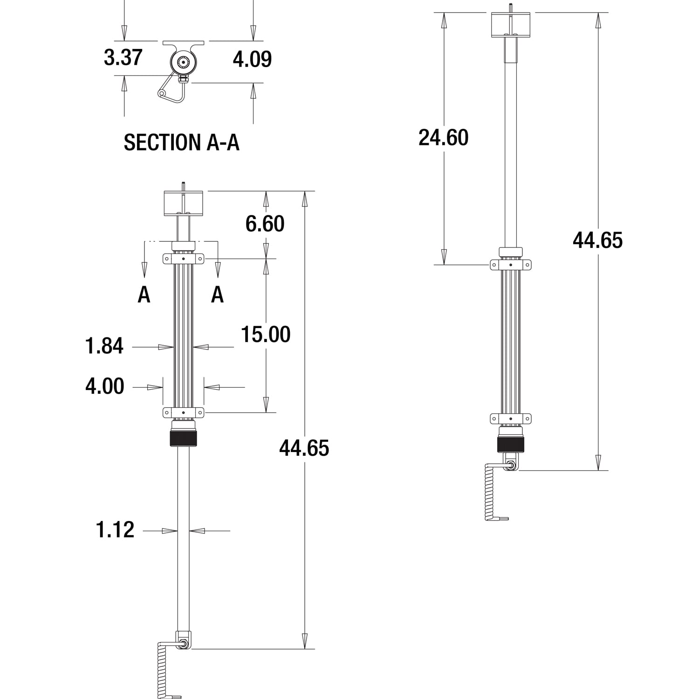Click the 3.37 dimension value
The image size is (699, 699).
tap(123, 57)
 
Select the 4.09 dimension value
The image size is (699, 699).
tap(252, 59)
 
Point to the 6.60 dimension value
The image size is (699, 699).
tap(265, 224)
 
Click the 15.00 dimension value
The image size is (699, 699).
tap(266, 334)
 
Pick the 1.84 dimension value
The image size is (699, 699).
tap(104, 346)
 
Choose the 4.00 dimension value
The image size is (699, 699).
tap(105, 386)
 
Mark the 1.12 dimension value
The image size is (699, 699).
tap(115, 530)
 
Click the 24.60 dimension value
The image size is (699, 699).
tap(443, 137)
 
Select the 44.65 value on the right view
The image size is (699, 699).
tap(597, 240)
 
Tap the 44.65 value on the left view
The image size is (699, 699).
tap(304, 448)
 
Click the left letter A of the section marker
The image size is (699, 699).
tap(144, 295)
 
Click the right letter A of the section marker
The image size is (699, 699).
tap(217, 295)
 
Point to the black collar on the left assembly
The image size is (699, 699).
tap(184, 439)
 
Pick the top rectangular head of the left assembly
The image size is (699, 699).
tap(184, 203)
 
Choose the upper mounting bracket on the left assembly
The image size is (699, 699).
tap(184, 258)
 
